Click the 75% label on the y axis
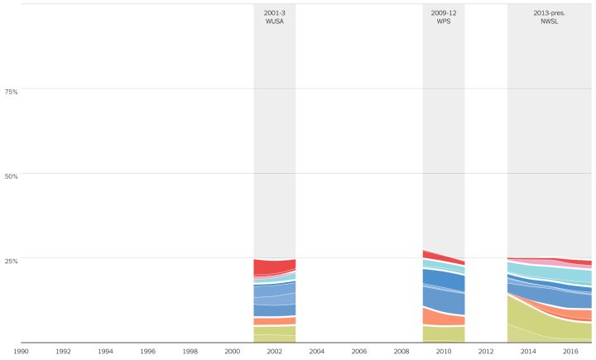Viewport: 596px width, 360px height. [12, 91]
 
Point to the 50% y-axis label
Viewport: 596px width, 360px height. [12, 175]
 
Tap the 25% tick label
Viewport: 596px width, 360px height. [12, 261]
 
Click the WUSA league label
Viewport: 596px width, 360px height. [274, 22]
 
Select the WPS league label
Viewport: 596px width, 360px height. [444, 22]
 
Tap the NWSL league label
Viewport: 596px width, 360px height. [550, 22]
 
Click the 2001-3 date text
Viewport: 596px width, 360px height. [274, 13]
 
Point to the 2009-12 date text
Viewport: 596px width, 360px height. [444, 13]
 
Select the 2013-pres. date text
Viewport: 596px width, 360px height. [550, 13]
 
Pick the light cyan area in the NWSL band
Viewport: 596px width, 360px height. [555, 272]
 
